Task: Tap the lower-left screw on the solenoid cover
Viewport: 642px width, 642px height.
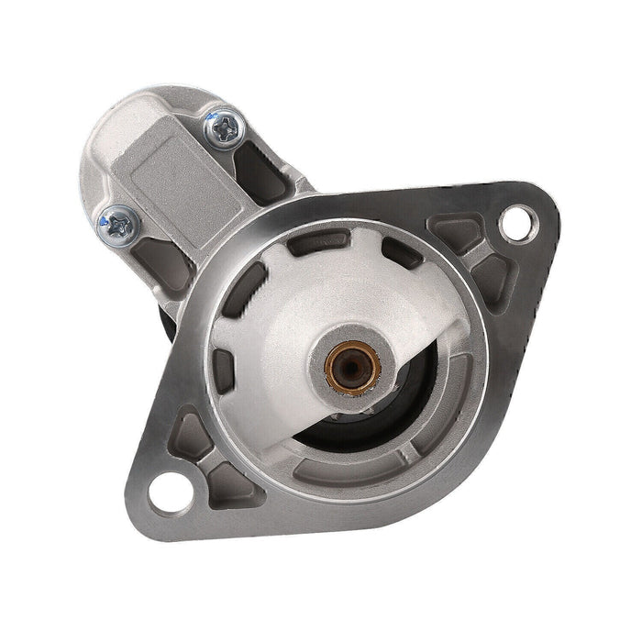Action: [119, 219]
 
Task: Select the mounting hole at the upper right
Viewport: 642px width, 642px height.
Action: [517, 220]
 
